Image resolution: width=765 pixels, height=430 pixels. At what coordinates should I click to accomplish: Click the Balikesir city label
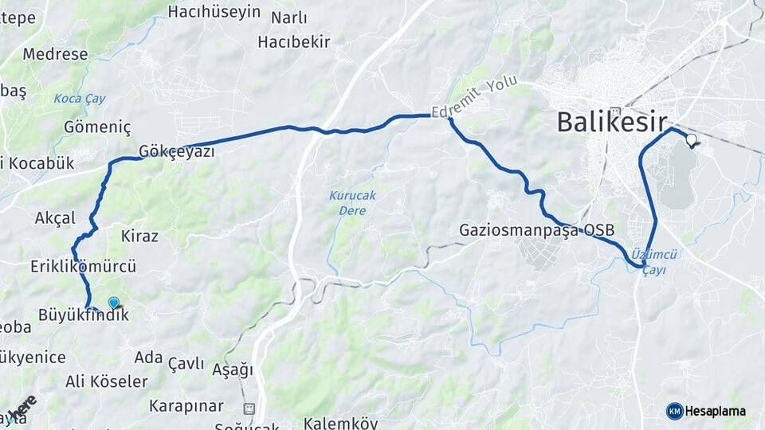pyautogui.click(x=611, y=122)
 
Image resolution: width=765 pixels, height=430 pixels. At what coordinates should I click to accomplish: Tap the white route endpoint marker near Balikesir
pyautogui.click(x=691, y=140)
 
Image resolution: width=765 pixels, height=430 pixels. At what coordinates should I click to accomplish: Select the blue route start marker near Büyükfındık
pyautogui.click(x=114, y=303)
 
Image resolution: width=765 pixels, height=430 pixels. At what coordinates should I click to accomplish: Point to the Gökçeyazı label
pyautogui.click(x=176, y=151)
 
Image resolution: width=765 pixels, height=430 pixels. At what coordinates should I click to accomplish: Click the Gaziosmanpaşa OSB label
pyautogui.click(x=537, y=230)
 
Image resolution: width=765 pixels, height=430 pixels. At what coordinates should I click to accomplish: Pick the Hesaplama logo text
pyautogui.click(x=715, y=411)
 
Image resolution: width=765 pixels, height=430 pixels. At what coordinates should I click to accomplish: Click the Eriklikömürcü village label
pyautogui.click(x=84, y=266)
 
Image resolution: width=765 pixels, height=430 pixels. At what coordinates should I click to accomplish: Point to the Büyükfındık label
pyautogui.click(x=83, y=315)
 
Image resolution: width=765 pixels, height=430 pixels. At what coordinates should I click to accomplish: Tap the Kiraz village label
pyautogui.click(x=139, y=236)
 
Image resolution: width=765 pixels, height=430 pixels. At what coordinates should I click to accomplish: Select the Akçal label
pyautogui.click(x=55, y=217)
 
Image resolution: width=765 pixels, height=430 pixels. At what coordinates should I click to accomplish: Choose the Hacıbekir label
pyautogui.click(x=294, y=41)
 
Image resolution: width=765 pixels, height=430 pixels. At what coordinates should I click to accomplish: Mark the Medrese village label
pyautogui.click(x=55, y=54)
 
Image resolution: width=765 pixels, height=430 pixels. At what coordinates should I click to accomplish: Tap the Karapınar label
pyautogui.click(x=186, y=406)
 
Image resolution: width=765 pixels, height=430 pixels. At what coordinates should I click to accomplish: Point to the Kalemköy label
pyautogui.click(x=340, y=423)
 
